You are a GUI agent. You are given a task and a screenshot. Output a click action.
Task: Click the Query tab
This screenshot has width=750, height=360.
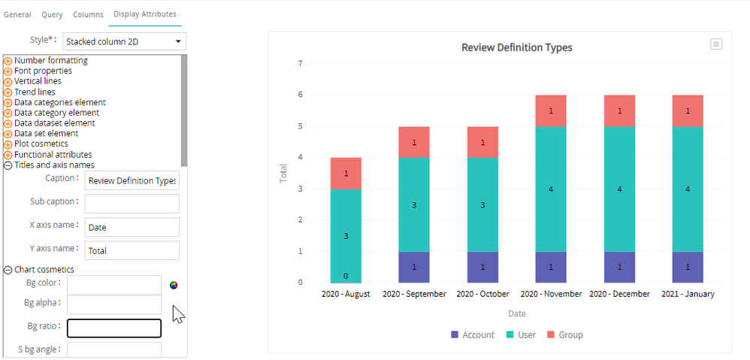tap(52, 14)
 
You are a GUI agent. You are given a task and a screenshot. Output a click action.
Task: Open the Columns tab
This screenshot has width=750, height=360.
tap(88, 14)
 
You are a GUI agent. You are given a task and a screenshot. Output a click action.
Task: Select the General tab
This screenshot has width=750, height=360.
tap(17, 14)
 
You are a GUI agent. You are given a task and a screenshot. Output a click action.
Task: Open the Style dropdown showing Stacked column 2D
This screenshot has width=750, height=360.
tap(124, 41)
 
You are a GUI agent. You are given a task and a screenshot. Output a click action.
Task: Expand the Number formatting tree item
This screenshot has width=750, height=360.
tap(8, 61)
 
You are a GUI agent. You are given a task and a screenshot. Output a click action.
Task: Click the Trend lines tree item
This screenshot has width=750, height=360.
tap(35, 92)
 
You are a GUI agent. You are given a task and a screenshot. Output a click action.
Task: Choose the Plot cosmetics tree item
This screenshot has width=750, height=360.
tap(41, 144)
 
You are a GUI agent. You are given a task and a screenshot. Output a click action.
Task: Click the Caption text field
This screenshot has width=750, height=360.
tap(132, 180)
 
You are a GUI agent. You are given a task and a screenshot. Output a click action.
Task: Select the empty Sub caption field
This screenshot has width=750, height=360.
tap(132, 204)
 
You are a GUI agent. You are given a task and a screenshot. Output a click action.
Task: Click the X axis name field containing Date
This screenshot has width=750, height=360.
tap(132, 227)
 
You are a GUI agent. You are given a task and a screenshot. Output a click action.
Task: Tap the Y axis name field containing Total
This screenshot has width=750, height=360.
tap(132, 250)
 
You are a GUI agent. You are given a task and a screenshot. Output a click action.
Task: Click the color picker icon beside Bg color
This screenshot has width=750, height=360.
tap(174, 285)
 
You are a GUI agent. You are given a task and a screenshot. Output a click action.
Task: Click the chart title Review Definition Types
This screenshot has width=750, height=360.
tap(516, 47)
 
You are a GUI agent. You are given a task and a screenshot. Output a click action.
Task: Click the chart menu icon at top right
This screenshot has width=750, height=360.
tap(716, 44)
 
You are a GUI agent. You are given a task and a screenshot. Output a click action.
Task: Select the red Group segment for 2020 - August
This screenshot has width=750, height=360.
tap(346, 173)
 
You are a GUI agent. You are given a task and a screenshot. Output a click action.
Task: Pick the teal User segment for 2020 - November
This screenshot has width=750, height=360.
tap(551, 189)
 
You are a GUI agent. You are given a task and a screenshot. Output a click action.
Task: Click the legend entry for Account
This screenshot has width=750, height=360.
tap(473, 334)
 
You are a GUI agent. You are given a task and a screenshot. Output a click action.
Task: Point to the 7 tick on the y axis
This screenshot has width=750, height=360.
tap(300, 63)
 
